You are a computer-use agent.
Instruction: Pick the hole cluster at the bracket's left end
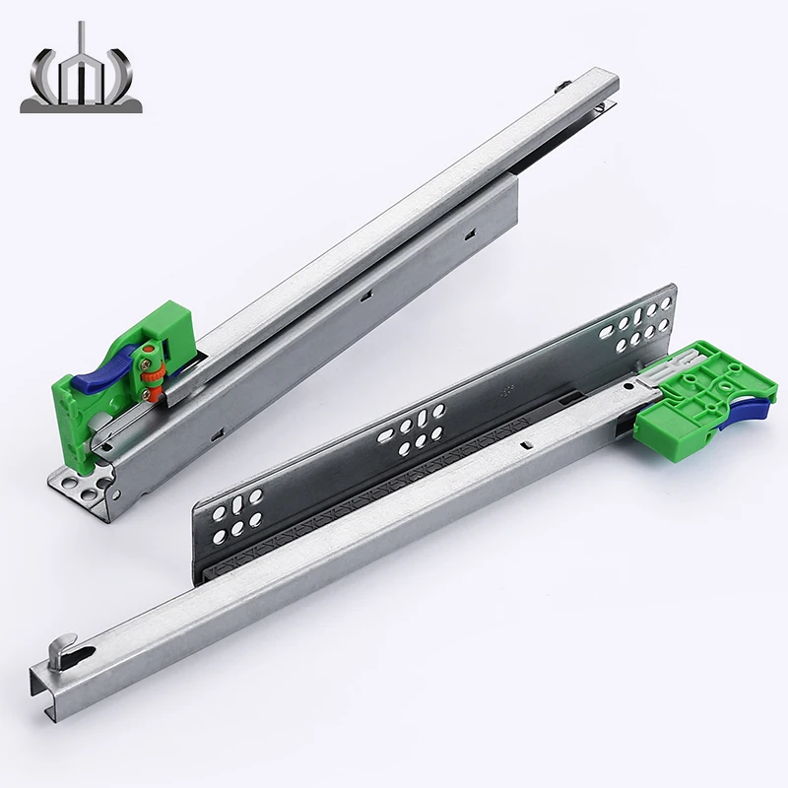click(239, 514)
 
